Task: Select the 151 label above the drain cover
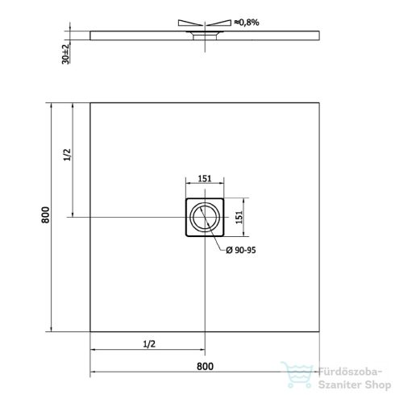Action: (x=205, y=180)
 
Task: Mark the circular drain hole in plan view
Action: (x=205, y=217)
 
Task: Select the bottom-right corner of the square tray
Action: (x=320, y=331)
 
